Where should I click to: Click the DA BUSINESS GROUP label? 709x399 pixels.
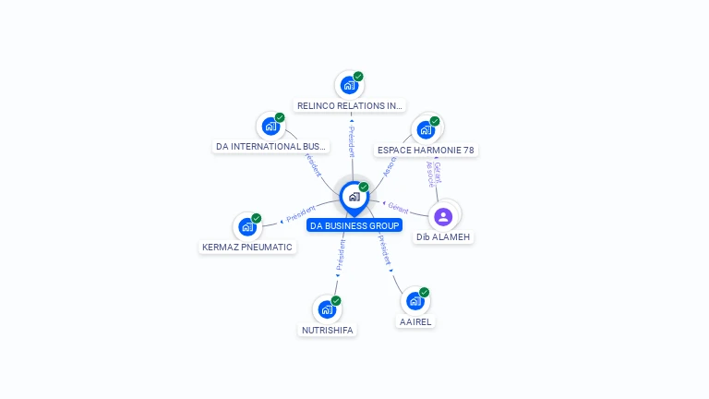coord(354,225)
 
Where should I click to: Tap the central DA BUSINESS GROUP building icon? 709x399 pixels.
coord(354,197)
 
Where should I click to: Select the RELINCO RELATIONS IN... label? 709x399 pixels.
coord(350,106)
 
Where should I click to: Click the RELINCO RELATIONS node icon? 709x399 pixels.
coord(349,85)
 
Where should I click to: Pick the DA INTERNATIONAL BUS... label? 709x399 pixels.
coord(270,146)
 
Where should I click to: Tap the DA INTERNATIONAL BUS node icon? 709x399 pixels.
coord(270,127)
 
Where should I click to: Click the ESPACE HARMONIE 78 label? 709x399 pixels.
coord(427,150)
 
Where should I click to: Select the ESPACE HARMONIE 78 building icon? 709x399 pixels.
coord(426,129)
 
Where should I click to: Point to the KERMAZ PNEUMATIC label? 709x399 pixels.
coord(247,247)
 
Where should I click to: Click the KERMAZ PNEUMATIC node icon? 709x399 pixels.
coord(246,226)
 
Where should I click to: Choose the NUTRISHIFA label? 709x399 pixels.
coord(327,330)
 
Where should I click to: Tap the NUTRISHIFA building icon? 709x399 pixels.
coord(327,309)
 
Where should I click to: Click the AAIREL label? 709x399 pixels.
coord(415,321)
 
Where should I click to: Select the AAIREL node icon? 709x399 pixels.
coord(415,301)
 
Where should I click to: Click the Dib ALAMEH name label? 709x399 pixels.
coord(443,237)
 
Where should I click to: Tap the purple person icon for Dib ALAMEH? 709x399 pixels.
coord(443,216)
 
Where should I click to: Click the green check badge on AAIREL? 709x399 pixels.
coord(424,293)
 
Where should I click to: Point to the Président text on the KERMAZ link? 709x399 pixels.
coord(302,217)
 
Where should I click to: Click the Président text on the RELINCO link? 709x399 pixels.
coord(351,141)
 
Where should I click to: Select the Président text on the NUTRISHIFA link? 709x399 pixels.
coord(340,256)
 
